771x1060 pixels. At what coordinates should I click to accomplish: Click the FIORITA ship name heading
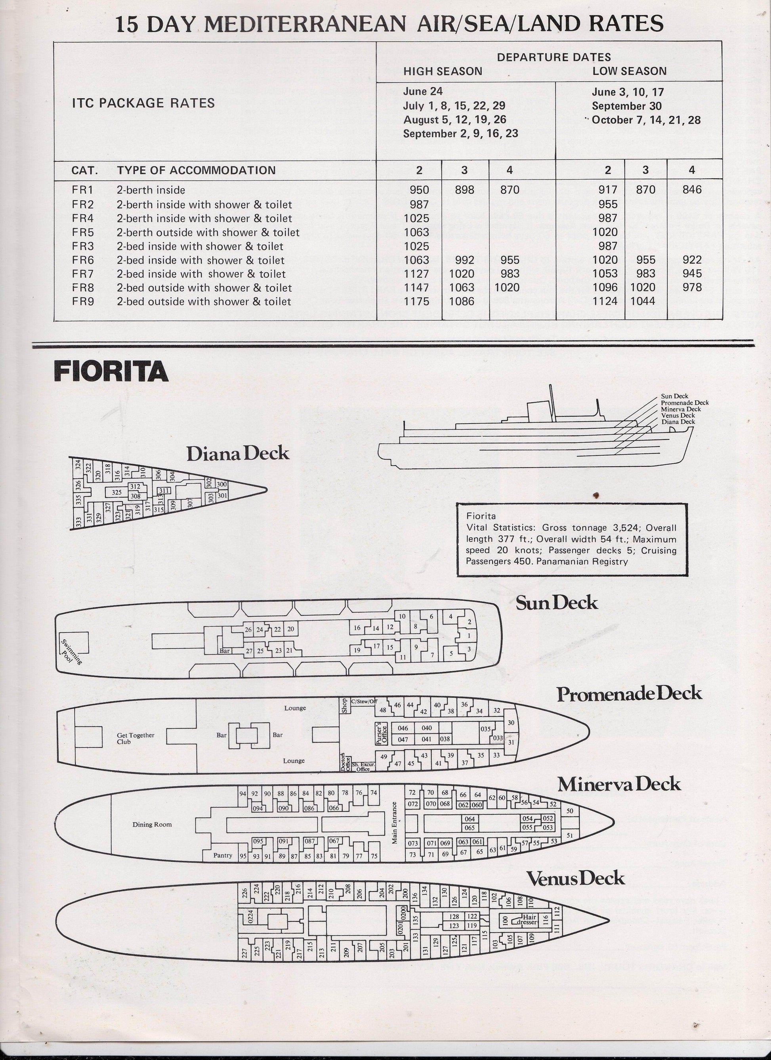click(x=111, y=372)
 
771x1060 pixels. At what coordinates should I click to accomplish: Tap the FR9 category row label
click(x=83, y=302)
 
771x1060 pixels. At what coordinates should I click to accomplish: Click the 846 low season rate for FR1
click(x=692, y=190)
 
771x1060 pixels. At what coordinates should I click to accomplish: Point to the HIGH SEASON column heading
click(x=443, y=71)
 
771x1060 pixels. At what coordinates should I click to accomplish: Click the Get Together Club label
click(x=135, y=738)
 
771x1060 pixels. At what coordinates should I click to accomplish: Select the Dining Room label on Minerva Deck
click(x=152, y=825)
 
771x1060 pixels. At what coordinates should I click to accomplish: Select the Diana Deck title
click(x=237, y=454)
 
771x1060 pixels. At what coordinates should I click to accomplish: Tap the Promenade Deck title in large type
click(x=629, y=707)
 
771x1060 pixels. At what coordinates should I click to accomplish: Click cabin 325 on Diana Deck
click(x=117, y=492)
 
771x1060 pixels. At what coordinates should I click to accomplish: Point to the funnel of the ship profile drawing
click(x=536, y=411)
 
